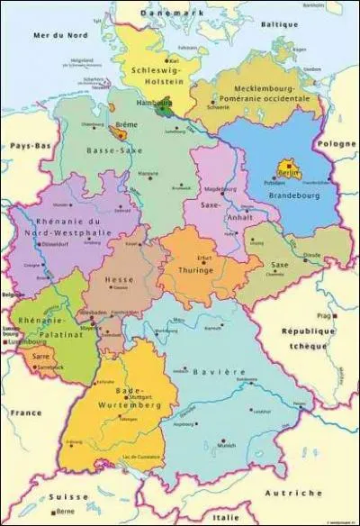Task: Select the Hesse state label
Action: point(120,279)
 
